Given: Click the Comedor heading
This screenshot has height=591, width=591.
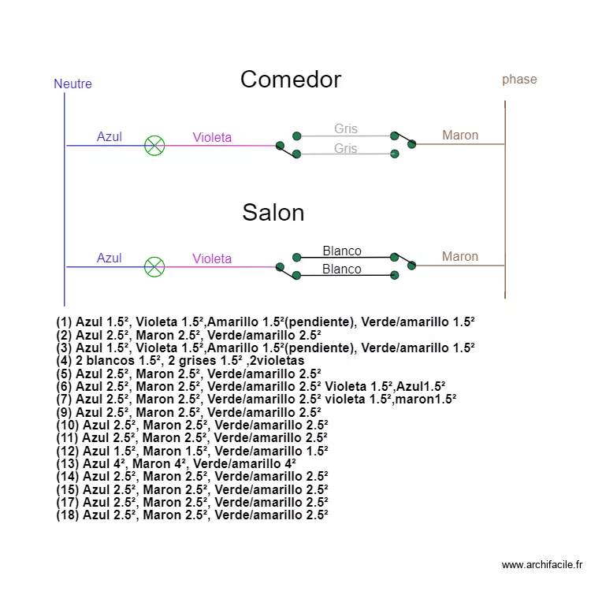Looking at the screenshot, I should pyautogui.click(x=290, y=80).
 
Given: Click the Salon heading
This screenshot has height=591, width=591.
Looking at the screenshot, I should pyautogui.click(x=273, y=213).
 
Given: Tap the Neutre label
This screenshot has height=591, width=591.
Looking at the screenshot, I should pyautogui.click(x=72, y=84).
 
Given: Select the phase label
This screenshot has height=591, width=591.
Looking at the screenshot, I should pyautogui.click(x=519, y=79).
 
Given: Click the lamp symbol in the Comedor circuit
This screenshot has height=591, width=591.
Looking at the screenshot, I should pyautogui.click(x=154, y=146).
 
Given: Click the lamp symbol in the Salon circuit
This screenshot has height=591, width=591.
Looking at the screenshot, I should pyautogui.click(x=154, y=267).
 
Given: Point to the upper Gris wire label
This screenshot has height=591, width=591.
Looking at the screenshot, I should pyautogui.click(x=345, y=129).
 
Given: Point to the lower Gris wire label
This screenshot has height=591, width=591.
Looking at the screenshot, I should pyautogui.click(x=345, y=149).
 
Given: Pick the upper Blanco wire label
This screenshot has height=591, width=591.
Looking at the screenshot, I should pyautogui.click(x=342, y=251).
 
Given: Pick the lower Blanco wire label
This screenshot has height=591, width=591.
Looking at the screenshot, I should pyautogui.click(x=342, y=269).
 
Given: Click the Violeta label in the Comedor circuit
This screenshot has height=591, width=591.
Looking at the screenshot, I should pyautogui.click(x=212, y=138).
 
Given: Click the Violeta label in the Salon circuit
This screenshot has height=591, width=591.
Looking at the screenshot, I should pyautogui.click(x=212, y=259).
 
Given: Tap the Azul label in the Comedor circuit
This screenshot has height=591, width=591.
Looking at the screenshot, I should pyautogui.click(x=110, y=137).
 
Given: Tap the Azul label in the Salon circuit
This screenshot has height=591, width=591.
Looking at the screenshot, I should pyautogui.click(x=110, y=258).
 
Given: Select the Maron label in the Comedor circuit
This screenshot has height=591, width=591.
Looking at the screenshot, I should pyautogui.click(x=460, y=136).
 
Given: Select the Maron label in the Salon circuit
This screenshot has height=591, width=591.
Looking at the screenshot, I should pyautogui.click(x=460, y=257).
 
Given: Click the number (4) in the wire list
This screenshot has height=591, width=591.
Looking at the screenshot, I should pyautogui.click(x=65, y=360).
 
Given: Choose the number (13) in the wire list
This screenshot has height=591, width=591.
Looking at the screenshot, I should pyautogui.click(x=68, y=463).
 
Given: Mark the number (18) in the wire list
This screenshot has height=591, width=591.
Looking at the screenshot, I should pyautogui.click(x=68, y=515).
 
